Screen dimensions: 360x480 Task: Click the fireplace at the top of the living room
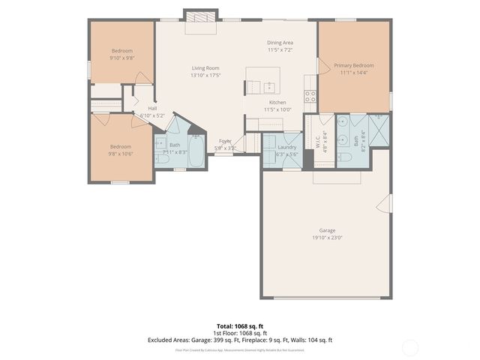click(x=200, y=16)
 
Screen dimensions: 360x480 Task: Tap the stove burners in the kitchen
click(x=309, y=96)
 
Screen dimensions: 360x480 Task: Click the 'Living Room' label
click(x=205, y=68)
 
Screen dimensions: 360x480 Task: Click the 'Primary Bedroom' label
click(x=354, y=65)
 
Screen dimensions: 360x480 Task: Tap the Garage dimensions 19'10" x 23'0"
click(x=326, y=237)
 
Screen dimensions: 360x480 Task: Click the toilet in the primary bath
click(x=345, y=157)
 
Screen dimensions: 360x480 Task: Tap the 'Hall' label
click(x=152, y=108)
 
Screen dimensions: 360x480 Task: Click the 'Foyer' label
click(x=225, y=141)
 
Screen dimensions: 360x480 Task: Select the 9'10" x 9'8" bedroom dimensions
click(x=122, y=58)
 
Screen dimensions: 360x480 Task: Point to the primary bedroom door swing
click(x=324, y=67)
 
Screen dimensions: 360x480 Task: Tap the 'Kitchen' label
click(x=277, y=102)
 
